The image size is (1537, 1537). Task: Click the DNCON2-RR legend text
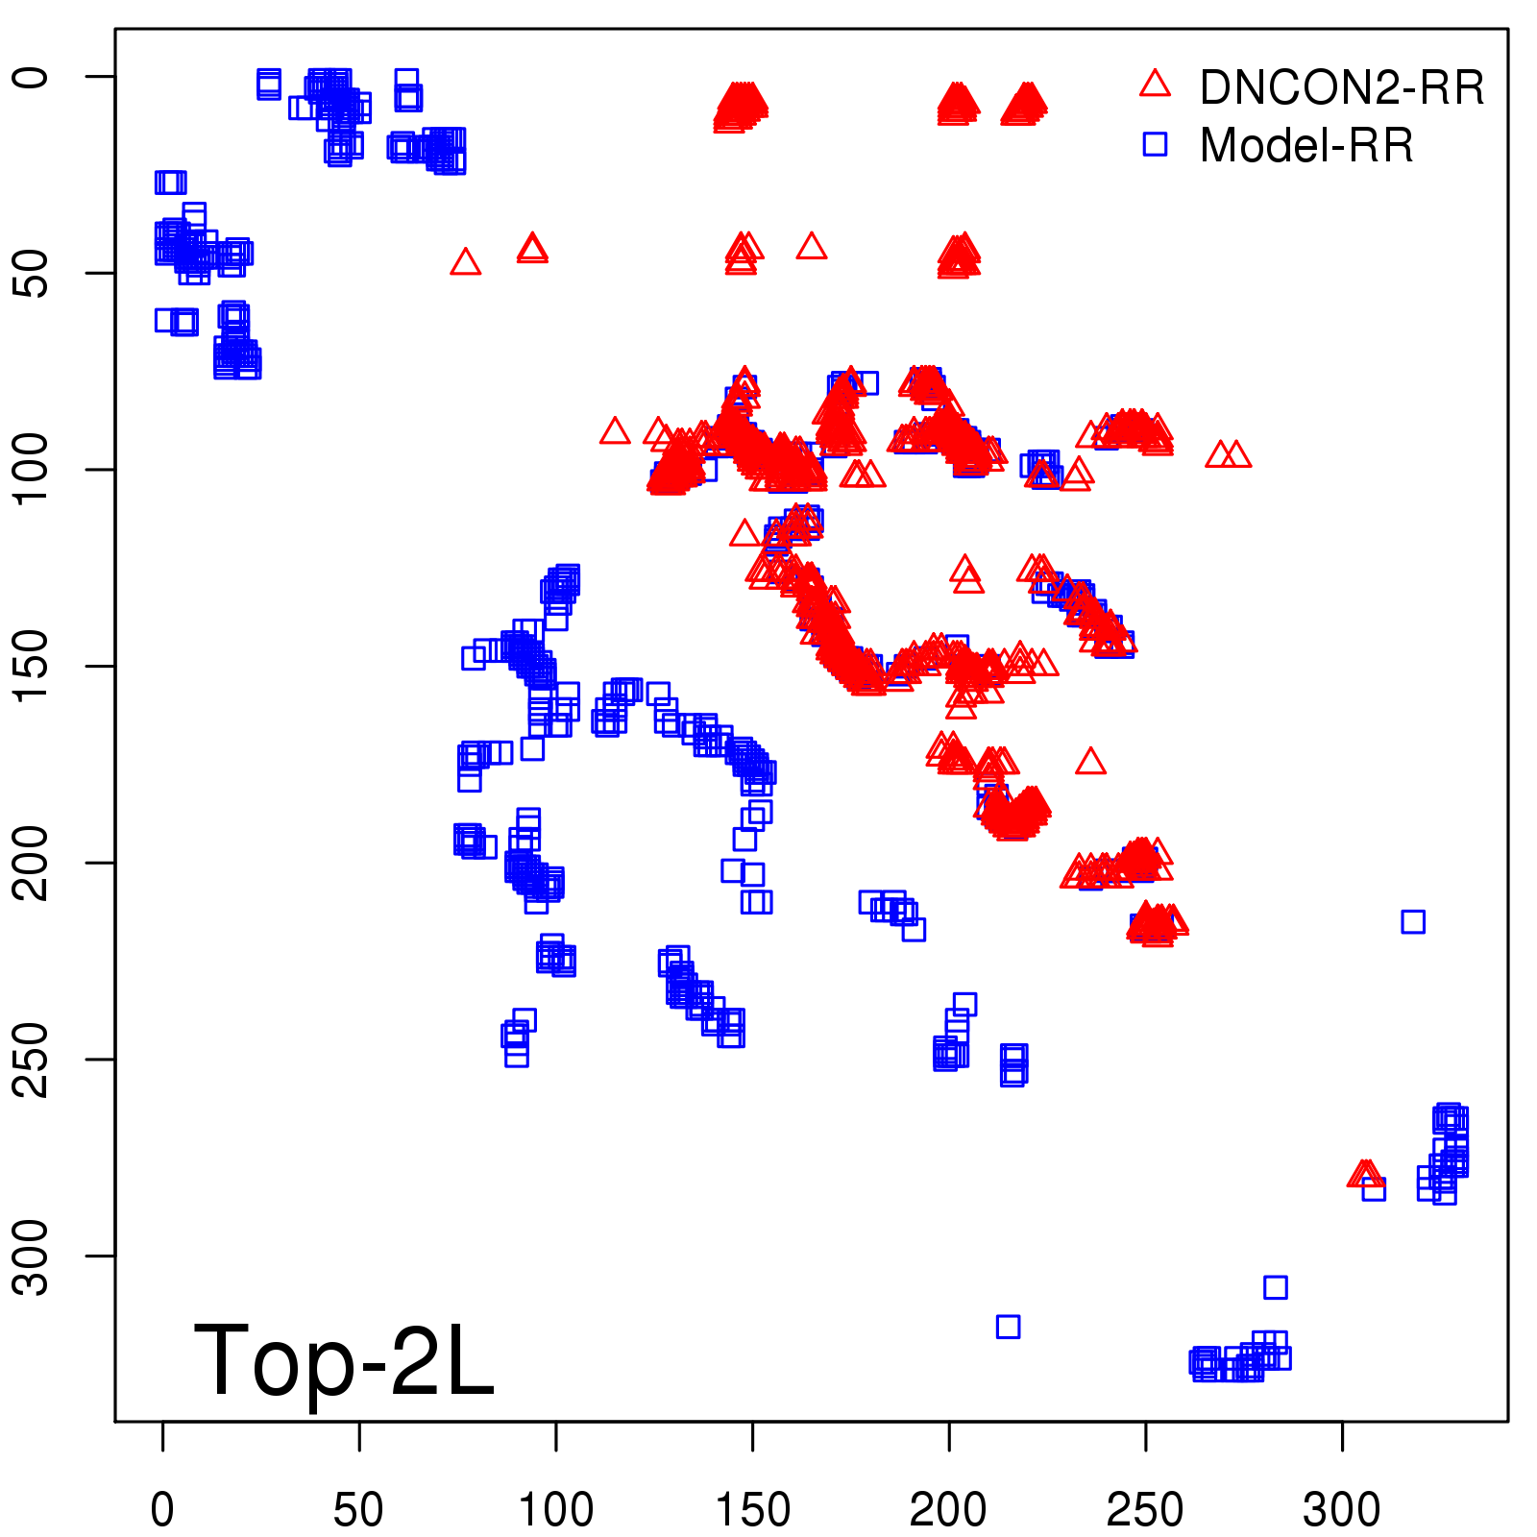point(1341,87)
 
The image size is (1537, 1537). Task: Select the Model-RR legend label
point(1306,146)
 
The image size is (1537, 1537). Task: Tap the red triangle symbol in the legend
point(1155,85)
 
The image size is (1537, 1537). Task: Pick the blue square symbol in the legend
point(1155,145)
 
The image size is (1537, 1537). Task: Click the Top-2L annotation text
point(344,1360)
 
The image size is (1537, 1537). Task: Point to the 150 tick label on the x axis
point(752,1510)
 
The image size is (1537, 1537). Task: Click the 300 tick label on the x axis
point(1342,1510)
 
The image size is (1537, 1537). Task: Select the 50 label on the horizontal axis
point(358,1510)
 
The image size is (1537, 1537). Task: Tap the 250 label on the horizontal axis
point(1145,1510)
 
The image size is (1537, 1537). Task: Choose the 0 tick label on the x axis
point(162,1510)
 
